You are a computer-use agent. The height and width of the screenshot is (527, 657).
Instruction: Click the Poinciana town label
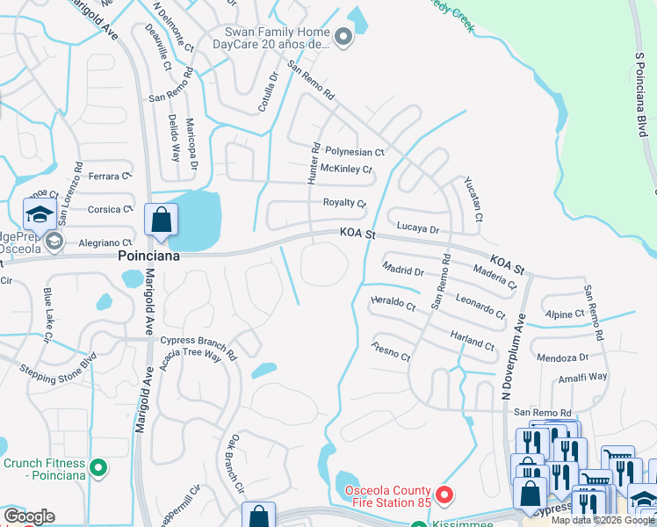pos(149,256)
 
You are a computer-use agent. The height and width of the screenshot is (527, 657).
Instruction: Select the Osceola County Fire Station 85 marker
pos(444,496)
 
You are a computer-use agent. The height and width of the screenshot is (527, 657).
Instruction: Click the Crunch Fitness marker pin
pos(98,468)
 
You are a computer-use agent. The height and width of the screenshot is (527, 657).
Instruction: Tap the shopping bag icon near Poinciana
pos(162,220)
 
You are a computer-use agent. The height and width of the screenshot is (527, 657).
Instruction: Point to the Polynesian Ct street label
pos(355,152)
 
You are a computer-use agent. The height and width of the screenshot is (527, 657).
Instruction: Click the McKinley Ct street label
pos(346,169)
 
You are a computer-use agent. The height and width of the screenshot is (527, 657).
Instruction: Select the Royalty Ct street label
pos(344,203)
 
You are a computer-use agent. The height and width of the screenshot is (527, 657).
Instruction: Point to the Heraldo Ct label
pos(393,304)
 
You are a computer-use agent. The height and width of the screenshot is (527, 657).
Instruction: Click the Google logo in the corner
pos(29,516)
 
